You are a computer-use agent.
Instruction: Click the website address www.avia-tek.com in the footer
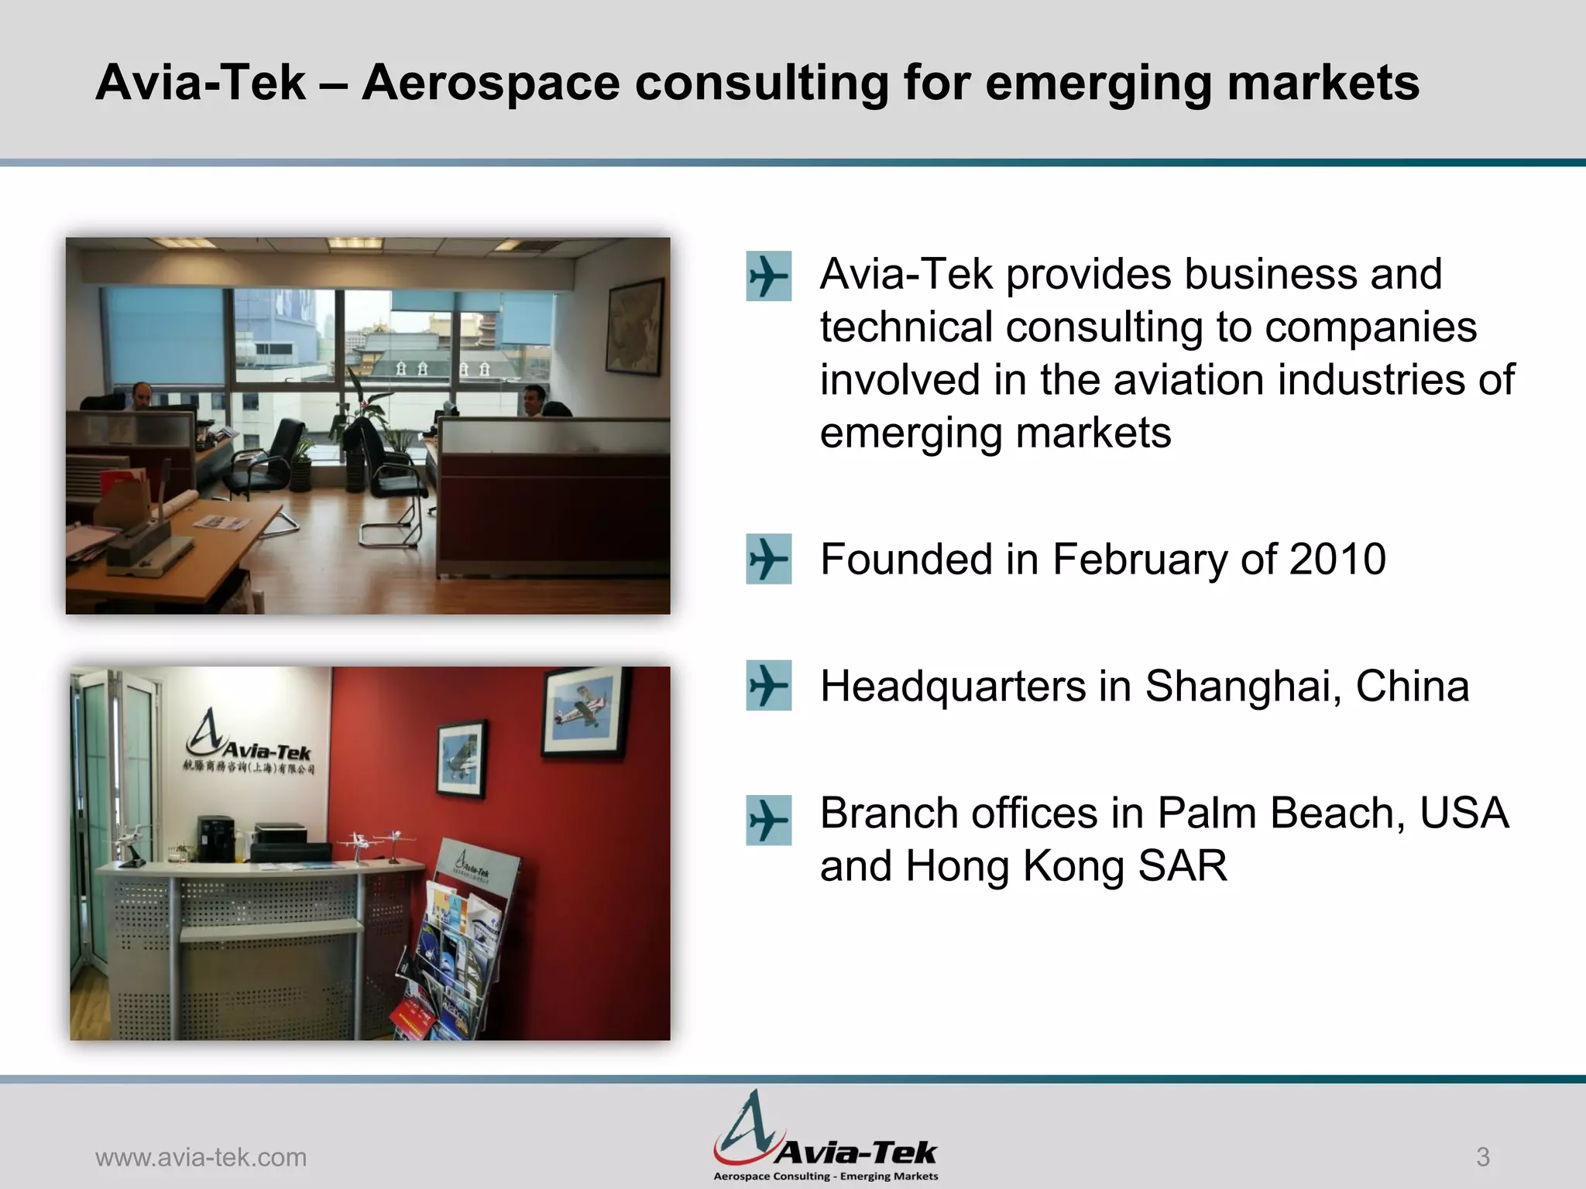click(x=201, y=1157)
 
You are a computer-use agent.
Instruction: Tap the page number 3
click(x=1482, y=1157)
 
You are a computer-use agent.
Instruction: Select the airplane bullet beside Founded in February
click(x=768, y=559)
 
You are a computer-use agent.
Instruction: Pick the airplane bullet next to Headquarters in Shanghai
click(x=768, y=686)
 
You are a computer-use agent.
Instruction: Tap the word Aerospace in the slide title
click(x=491, y=82)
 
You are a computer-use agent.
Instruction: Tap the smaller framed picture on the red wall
click(x=462, y=759)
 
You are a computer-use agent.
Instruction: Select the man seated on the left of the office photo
click(x=142, y=396)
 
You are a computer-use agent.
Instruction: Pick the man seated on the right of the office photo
click(x=535, y=400)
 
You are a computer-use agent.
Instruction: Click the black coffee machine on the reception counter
click(x=215, y=838)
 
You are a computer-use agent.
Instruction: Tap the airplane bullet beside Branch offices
click(x=768, y=820)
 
